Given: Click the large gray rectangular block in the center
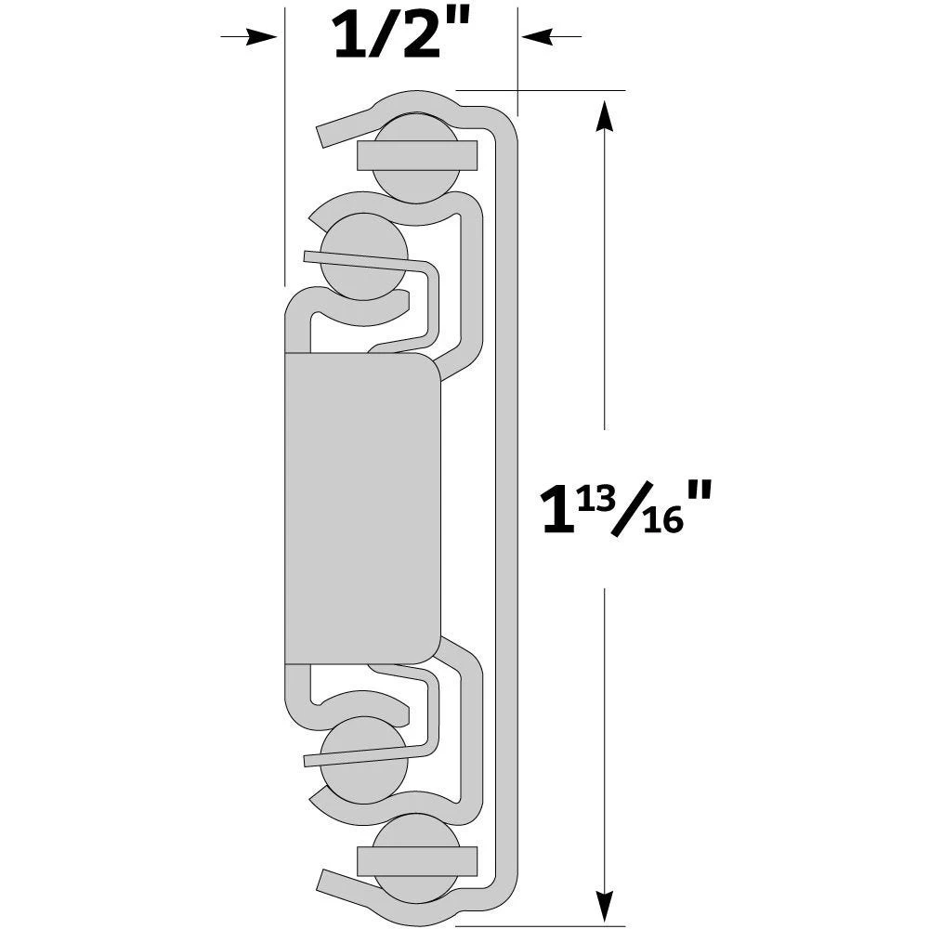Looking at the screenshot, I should (x=360, y=507).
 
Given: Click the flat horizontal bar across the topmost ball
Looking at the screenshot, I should (x=418, y=154).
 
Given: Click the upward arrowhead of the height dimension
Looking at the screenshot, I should (x=606, y=115).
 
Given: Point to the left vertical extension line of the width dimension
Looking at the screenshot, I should (x=282, y=186).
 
